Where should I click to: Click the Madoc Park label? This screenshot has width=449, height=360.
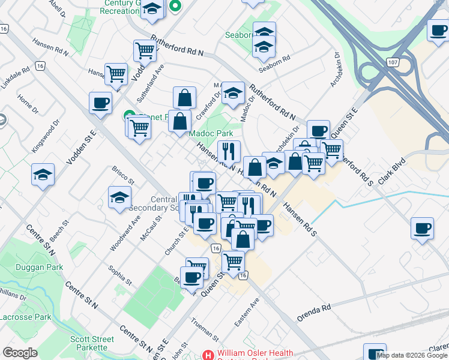(x=211, y=133)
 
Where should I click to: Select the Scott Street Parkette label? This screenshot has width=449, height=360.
(x=92, y=343)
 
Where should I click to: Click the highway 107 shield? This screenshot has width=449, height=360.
(x=393, y=62)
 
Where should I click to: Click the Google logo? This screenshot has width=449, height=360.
(x=20, y=353)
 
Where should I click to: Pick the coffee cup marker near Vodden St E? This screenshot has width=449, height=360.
(x=100, y=103)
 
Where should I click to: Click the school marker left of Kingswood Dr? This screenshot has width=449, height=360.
(x=43, y=175)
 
